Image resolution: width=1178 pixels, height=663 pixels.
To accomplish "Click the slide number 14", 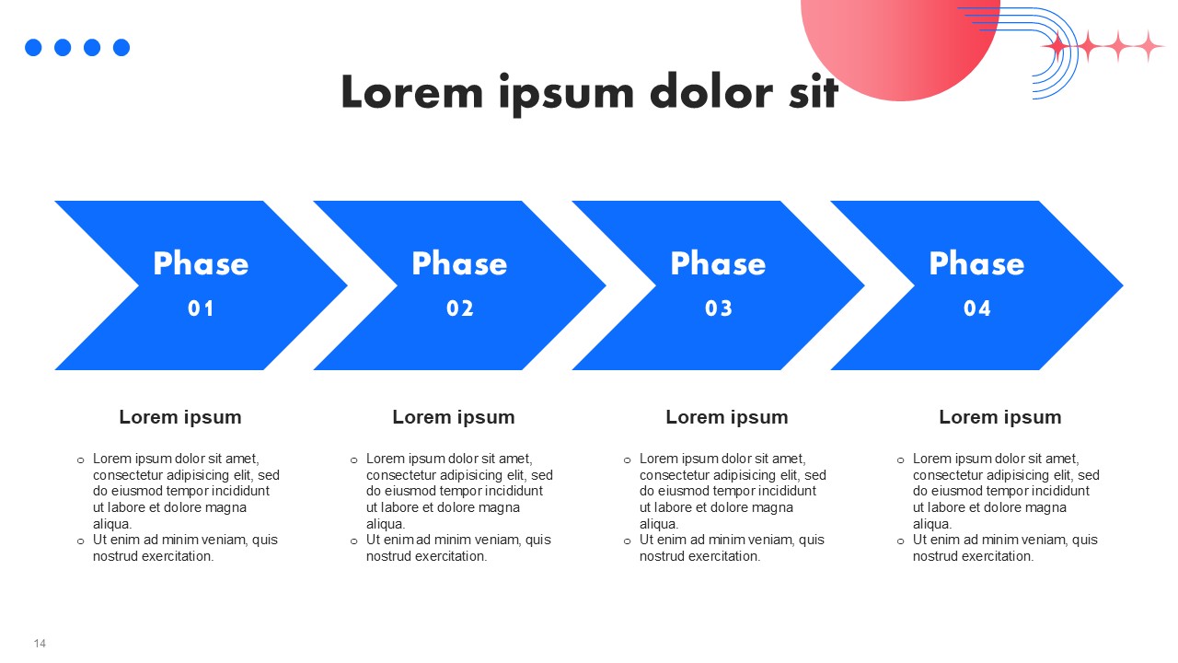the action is [x=40, y=644].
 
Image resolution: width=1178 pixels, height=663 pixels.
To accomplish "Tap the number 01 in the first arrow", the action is [x=201, y=308].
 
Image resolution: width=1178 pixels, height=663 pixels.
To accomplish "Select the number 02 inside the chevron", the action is [x=459, y=308].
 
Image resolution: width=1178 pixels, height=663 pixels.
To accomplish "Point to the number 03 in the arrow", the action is [x=719, y=308].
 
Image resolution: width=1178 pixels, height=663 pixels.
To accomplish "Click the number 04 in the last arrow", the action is [x=977, y=308].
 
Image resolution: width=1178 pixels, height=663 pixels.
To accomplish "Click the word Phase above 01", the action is [x=201, y=263].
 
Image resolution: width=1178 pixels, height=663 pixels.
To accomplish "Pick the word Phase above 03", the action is [x=719, y=263].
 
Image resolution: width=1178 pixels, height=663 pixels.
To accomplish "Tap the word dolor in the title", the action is [x=711, y=91].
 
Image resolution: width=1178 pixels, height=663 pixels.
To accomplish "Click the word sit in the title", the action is [x=814, y=91].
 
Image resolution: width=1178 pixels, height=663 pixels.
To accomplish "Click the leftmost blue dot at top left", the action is [x=33, y=47].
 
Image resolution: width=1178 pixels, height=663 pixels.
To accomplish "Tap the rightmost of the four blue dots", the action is [x=121, y=47].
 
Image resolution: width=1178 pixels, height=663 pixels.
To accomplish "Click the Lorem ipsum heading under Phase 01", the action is [x=180, y=417].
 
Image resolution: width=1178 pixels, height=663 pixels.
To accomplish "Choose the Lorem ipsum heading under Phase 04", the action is [x=1000, y=417].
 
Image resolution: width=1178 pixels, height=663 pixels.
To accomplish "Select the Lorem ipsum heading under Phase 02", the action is [x=454, y=417].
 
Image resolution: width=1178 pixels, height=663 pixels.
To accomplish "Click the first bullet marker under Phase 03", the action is [x=627, y=460].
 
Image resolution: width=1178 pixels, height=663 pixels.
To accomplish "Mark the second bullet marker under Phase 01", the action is [x=80, y=541].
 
